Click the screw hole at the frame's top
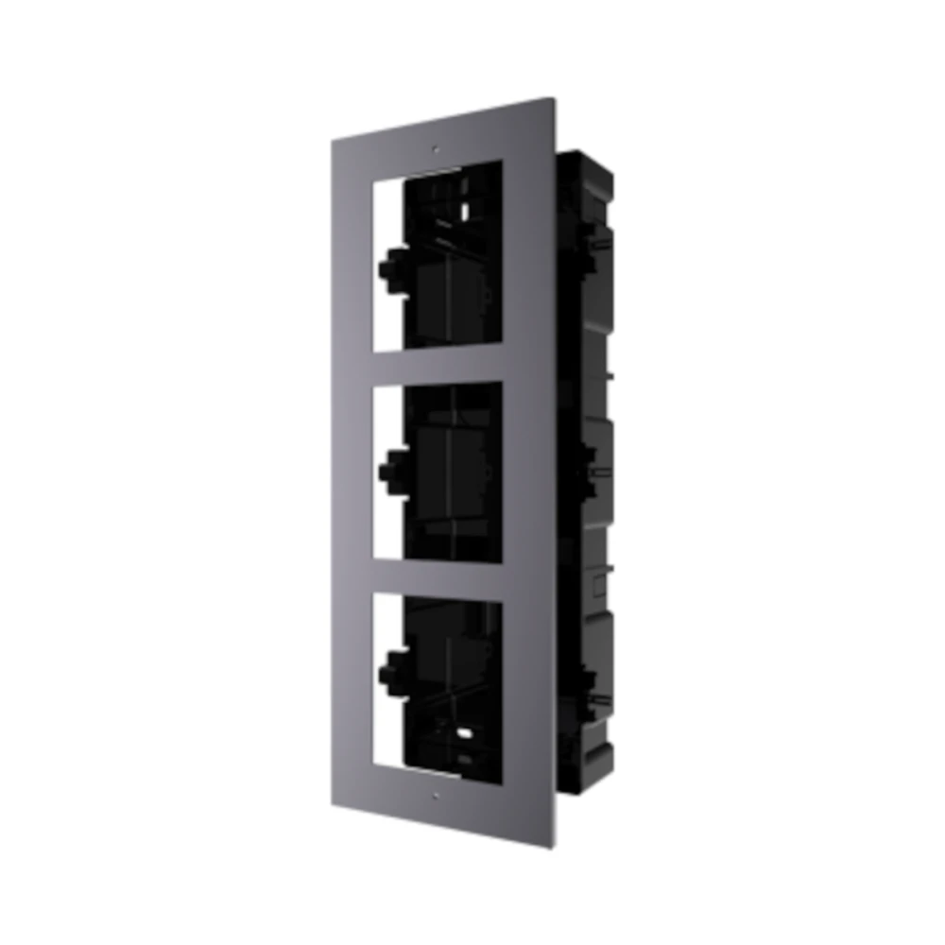point(436,148)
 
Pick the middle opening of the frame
point(437,472)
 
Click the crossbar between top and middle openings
point(437,365)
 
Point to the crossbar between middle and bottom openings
point(437,576)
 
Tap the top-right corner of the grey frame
point(552,98)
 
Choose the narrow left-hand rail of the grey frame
point(352,472)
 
